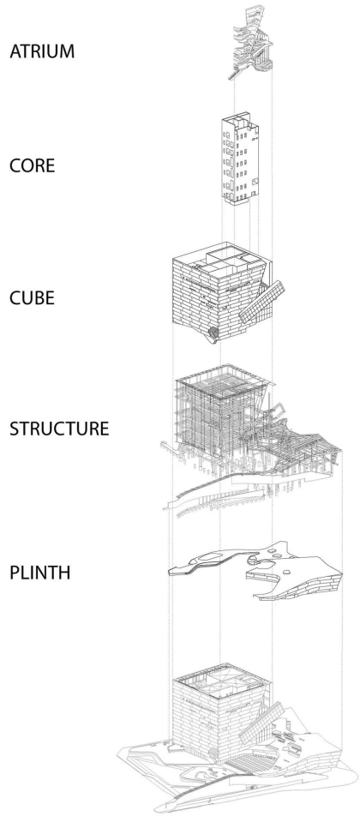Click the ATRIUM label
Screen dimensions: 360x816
[42, 51]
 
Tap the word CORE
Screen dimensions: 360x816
[33, 165]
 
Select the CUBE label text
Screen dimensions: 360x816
[32, 297]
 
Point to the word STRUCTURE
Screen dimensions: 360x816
[59, 429]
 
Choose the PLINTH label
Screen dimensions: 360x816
[39, 573]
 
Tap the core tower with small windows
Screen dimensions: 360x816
[240, 159]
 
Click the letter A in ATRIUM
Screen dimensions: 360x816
[15, 51]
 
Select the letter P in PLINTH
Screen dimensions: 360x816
[14, 573]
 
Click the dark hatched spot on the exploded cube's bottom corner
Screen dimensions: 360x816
[213, 331]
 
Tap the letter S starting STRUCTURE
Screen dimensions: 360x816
[14, 429]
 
